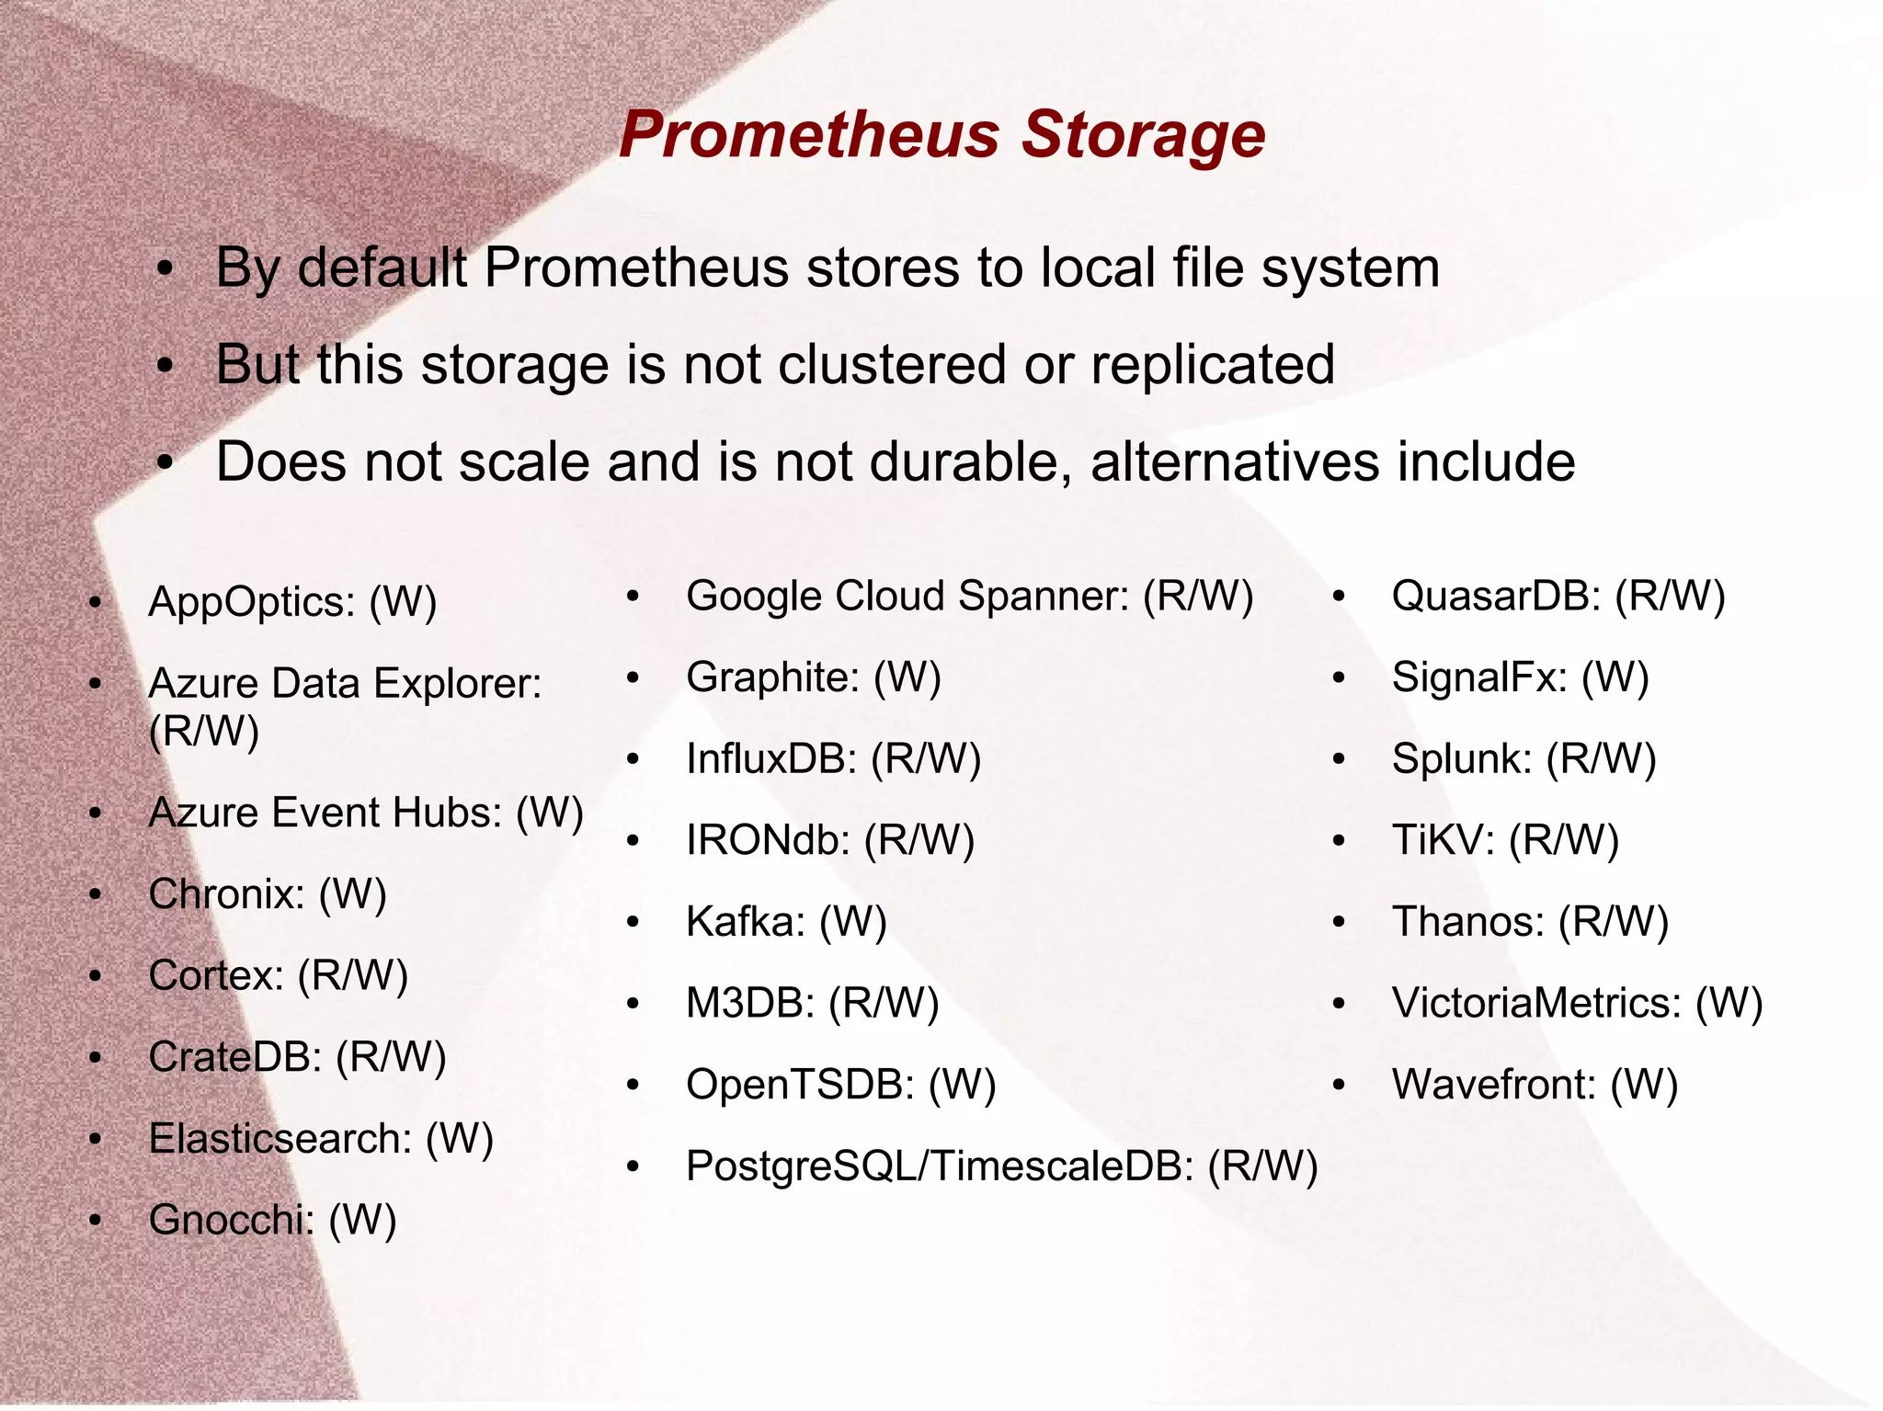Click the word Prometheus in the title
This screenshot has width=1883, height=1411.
tap(810, 135)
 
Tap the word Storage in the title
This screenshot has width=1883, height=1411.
tap(1144, 135)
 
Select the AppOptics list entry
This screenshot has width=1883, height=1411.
tap(292, 603)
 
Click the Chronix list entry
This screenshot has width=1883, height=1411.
tap(268, 894)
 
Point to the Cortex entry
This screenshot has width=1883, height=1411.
tap(278, 976)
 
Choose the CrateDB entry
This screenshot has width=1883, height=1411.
tap(297, 1057)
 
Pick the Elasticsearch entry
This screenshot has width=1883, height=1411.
tap(321, 1139)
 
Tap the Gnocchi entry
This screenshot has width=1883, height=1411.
tap(272, 1221)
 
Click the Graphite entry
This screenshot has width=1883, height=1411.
tap(814, 678)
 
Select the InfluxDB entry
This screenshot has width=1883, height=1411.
tap(833, 760)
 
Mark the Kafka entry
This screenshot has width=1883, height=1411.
tap(786, 922)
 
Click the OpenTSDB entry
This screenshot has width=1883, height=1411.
tap(840, 1086)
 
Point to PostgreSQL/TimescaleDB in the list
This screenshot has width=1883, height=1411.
tap(1001, 1166)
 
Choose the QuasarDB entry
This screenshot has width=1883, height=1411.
tap(1558, 597)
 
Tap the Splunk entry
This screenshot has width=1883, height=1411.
tap(1524, 760)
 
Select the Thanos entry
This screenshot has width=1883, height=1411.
tap(1530, 922)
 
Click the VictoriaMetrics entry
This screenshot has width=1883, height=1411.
tap(1577, 1004)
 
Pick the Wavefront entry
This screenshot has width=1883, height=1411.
tap(1535, 1086)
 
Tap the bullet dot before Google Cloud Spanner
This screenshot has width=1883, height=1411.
tap(633, 597)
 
